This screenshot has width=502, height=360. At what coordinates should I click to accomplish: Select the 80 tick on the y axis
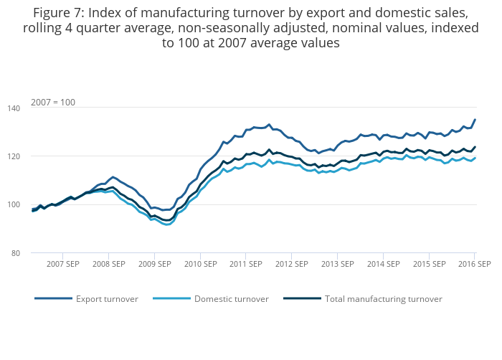click(x=36, y=253)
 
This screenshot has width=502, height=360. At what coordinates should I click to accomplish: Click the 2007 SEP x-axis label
click(x=63, y=264)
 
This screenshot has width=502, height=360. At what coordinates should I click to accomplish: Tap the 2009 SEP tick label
click(x=154, y=264)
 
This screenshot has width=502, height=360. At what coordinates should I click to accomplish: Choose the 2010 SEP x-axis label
click(x=200, y=264)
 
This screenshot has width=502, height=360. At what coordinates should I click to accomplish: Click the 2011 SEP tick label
click(x=246, y=264)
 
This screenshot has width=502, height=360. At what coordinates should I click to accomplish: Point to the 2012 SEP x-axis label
click(x=292, y=264)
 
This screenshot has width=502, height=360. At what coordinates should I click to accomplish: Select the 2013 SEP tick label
click(x=337, y=264)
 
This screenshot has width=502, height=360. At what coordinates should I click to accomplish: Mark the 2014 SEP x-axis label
click(x=383, y=264)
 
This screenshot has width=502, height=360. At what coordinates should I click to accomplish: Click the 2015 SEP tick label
click(x=429, y=264)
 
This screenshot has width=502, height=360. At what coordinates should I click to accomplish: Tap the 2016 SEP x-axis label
click(x=474, y=264)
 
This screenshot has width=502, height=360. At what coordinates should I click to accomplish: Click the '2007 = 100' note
click(x=53, y=103)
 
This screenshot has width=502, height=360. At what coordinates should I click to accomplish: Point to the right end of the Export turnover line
click(x=475, y=120)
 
